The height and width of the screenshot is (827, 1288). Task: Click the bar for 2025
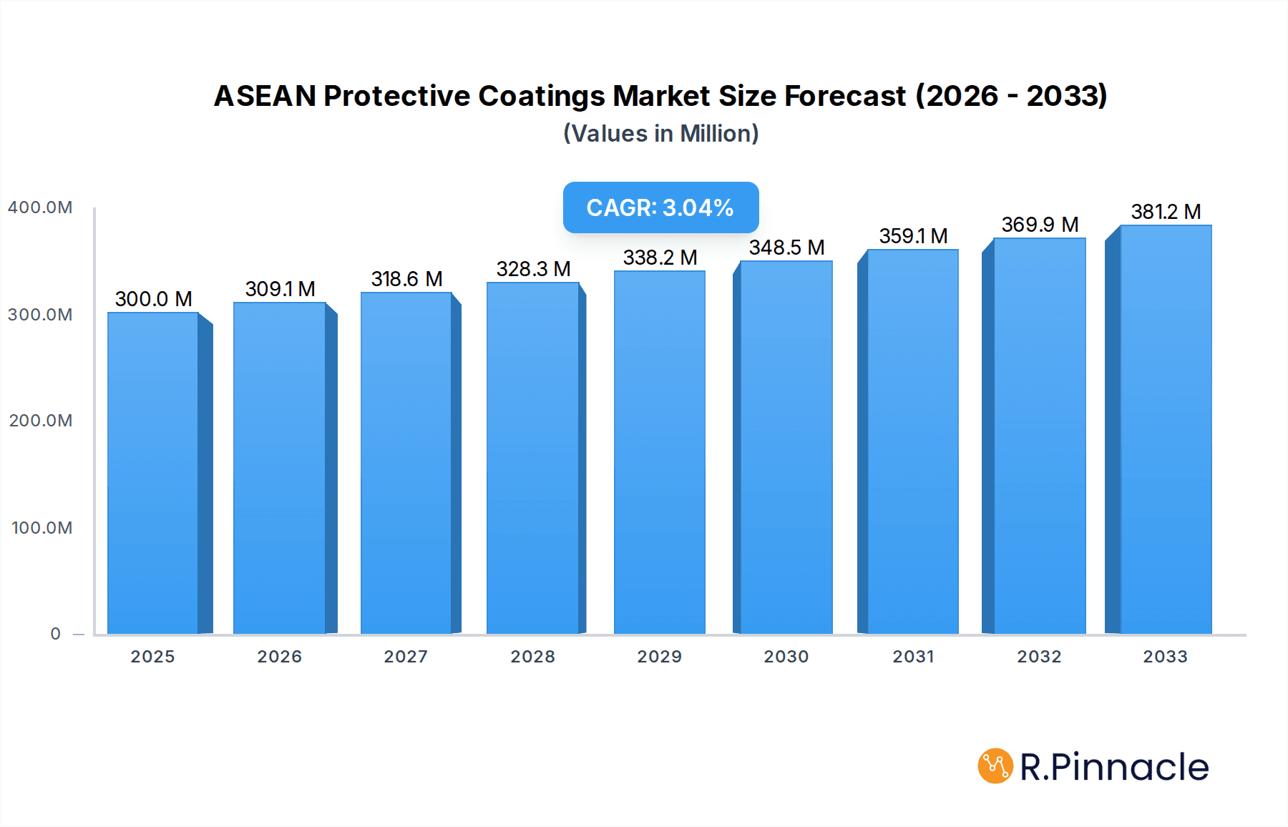[x=152, y=472]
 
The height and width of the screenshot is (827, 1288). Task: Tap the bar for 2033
[x=1165, y=429]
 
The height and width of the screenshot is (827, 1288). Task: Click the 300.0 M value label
[x=153, y=299]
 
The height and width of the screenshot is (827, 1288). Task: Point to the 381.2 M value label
[x=1165, y=212]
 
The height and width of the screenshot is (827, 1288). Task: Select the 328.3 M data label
[x=533, y=269]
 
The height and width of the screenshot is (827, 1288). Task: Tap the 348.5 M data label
[x=786, y=248]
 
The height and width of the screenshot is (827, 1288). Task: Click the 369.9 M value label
[x=1039, y=225]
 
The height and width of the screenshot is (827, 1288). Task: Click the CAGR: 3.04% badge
[x=660, y=207]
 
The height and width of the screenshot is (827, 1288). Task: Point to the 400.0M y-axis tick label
[x=40, y=207]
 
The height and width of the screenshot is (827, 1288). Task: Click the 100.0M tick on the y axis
[x=42, y=528]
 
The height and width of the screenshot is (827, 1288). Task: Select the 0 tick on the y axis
[x=55, y=634]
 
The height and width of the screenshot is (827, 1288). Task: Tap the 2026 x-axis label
[x=279, y=657]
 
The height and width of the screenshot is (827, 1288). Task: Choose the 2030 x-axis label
[x=786, y=657]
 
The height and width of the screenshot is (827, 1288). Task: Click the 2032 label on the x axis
[x=1039, y=657]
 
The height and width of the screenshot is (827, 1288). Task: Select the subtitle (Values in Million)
[x=660, y=134]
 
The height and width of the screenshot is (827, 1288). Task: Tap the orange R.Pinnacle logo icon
[x=995, y=766]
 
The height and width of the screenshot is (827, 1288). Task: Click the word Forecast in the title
[x=845, y=96]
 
